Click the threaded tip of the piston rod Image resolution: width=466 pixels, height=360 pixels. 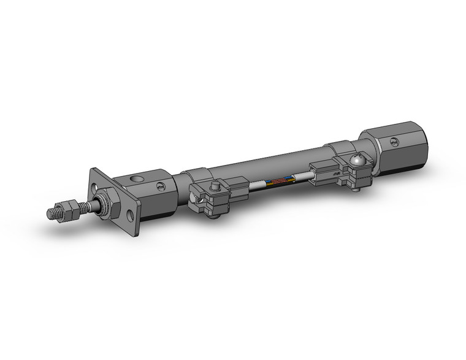pyautogui.click(x=52, y=213)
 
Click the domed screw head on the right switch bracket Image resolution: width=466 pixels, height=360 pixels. pyautogui.click(x=358, y=161)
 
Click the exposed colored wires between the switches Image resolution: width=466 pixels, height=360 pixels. pyautogui.click(x=279, y=182)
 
